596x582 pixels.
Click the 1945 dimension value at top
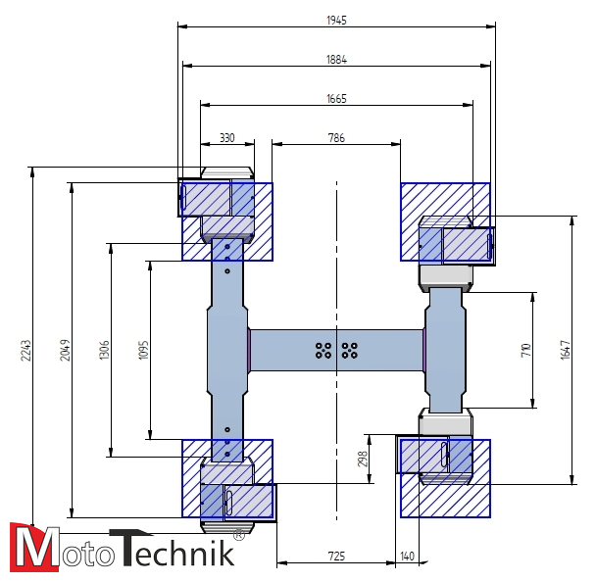pos(336,20)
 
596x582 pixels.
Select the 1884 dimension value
pos(336,59)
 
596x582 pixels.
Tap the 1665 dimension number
pos(336,98)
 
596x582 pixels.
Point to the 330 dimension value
pos(226,138)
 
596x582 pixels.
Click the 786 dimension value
pos(335,138)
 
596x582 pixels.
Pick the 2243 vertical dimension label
pos(25,351)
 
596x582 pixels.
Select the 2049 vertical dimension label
pos(64,350)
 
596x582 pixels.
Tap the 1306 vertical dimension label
pos(104,350)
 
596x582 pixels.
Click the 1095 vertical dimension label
pos(143,350)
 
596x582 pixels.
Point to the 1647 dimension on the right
pos(565,350)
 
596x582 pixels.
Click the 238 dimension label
pos(362,457)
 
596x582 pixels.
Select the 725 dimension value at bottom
pos(335,557)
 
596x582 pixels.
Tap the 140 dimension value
pos(408,557)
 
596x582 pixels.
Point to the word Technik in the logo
pos(173,548)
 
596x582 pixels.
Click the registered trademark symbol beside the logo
pos(239,535)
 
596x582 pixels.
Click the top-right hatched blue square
pos(444,221)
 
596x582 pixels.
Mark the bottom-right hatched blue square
pos(444,477)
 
